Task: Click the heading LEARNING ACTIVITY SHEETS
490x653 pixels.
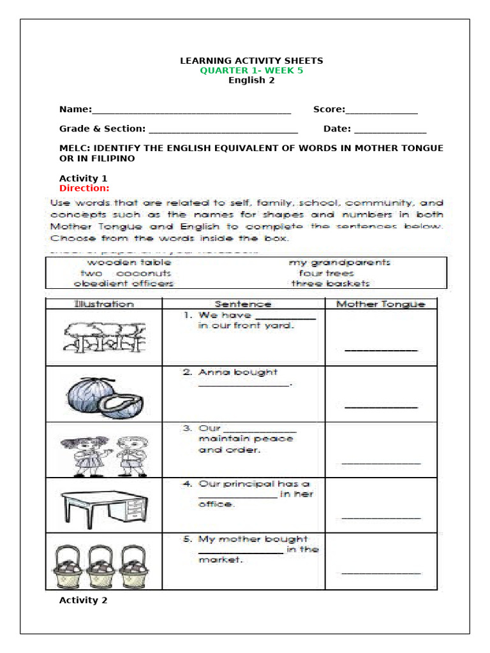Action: pyautogui.click(x=251, y=61)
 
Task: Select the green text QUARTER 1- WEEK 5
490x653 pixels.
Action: pyautogui.click(x=251, y=71)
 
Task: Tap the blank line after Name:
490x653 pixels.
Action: pyautogui.click(x=191, y=110)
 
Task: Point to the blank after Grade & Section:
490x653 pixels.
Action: pyautogui.click(x=223, y=129)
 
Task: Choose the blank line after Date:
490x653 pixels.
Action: pyautogui.click(x=390, y=129)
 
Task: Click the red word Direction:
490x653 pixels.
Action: pyautogui.click(x=84, y=188)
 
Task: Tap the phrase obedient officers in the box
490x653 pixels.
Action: pyautogui.click(x=124, y=283)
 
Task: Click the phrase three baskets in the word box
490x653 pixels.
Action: pyautogui.click(x=330, y=283)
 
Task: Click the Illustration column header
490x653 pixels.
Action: pyautogui.click(x=104, y=304)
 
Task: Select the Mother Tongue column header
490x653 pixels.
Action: pyautogui.click(x=380, y=304)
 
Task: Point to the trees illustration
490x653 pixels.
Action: pyautogui.click(x=104, y=336)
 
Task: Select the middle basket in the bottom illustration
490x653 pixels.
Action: pyautogui.click(x=104, y=565)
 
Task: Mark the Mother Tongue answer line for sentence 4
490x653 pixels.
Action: pyautogui.click(x=381, y=517)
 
